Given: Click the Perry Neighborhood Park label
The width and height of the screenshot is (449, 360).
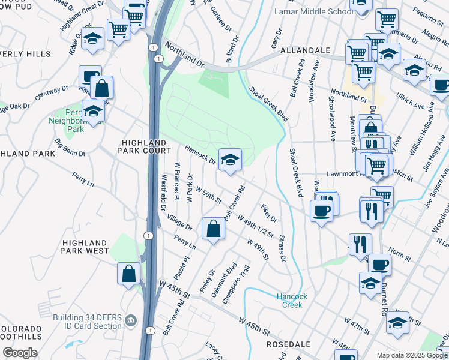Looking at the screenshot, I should click(76, 120).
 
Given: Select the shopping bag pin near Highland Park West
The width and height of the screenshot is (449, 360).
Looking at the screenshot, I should click(129, 274).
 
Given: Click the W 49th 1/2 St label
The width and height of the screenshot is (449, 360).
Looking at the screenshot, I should click(256, 226).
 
